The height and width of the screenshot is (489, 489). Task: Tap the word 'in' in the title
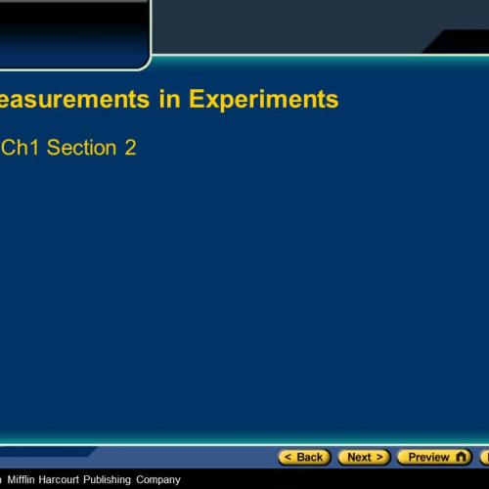[x=165, y=99]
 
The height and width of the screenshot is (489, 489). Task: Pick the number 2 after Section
[x=130, y=148]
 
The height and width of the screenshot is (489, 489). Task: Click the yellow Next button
[x=364, y=457]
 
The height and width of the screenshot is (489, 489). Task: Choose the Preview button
[x=434, y=457]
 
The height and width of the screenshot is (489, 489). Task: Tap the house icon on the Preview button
[x=462, y=457]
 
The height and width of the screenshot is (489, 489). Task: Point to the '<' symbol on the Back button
[x=288, y=457]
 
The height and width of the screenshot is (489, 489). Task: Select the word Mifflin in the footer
[x=27, y=479]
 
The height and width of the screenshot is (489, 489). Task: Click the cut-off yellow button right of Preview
[x=484, y=457]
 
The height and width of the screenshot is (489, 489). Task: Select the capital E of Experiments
[x=198, y=99]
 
